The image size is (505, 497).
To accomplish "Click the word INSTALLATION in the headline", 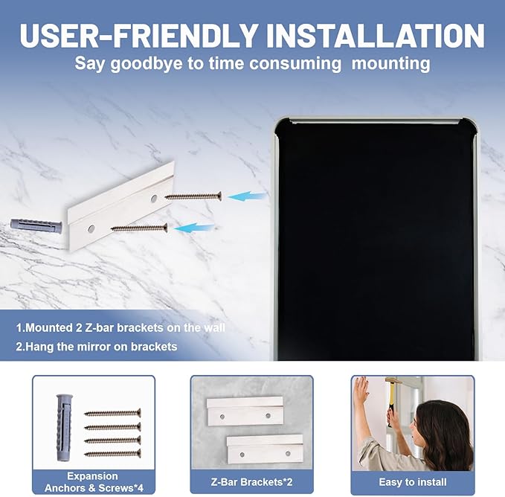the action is pos(376,35).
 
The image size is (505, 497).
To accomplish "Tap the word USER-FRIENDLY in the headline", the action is pos(138,35).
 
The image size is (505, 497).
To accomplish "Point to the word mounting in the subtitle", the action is pos(390,63).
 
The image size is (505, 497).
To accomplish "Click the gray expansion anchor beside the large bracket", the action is pos(36,224).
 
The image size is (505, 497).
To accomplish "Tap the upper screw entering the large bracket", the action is pos(193,196).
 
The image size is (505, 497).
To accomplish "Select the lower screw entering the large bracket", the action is pos(139,228).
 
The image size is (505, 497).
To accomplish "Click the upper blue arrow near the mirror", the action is pos(248,196).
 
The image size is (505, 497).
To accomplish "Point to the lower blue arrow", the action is pos(194,228).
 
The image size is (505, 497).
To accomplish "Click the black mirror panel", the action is pos(376,240).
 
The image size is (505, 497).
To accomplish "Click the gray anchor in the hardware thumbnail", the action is pos(64,427).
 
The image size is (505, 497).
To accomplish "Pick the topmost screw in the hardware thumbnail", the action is pos(112,413).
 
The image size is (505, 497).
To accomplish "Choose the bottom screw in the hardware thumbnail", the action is pos(112,454).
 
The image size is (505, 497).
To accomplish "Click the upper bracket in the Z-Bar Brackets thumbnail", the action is pos(245,411).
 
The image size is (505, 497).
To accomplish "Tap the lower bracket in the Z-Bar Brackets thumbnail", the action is pos(265,449).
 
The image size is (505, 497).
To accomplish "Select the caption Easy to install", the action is pos(413,482).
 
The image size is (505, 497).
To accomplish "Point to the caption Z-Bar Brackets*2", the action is pos(251,482).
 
